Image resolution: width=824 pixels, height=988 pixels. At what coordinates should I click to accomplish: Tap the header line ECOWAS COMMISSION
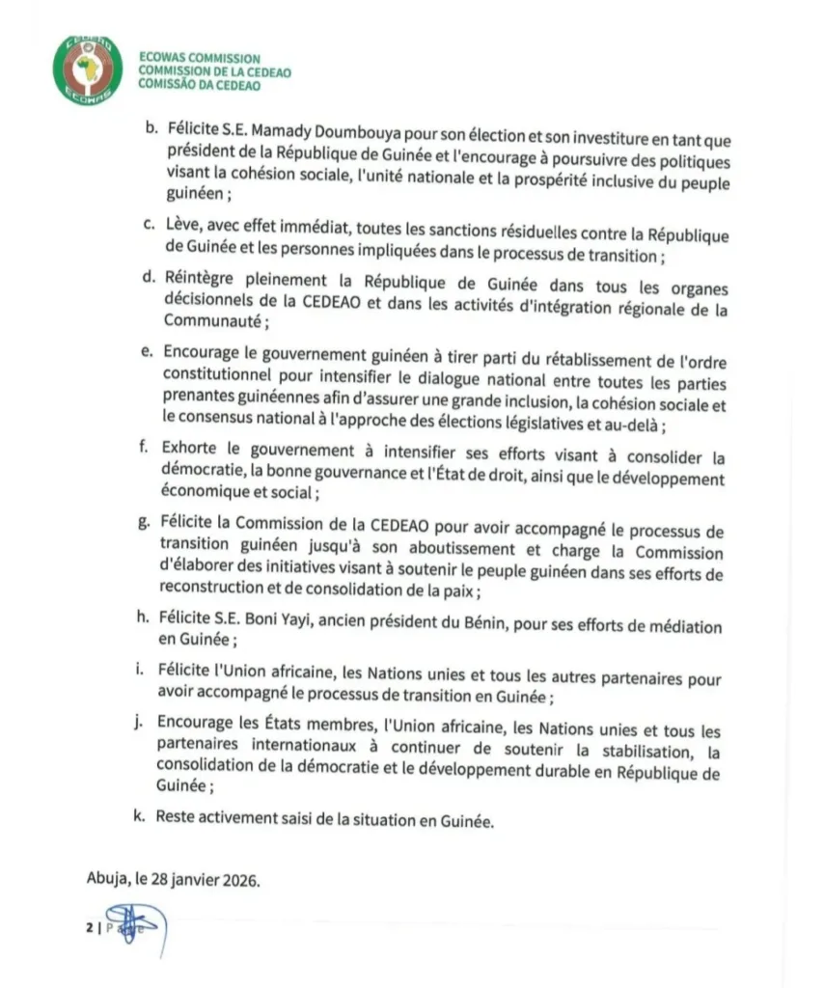tap(200, 58)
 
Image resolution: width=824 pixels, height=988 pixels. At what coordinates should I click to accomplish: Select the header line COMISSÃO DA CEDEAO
tap(199, 85)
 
